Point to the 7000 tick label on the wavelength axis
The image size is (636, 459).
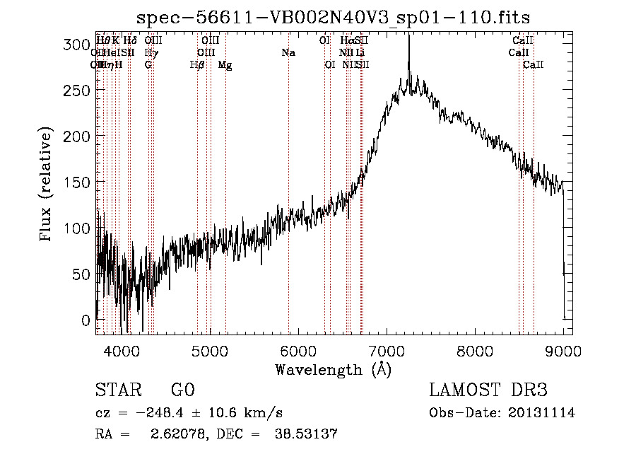click(387, 349)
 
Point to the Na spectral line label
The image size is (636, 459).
click(288, 53)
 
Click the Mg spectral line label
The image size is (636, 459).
click(225, 65)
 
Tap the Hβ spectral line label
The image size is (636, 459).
click(197, 65)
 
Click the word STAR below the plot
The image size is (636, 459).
click(119, 391)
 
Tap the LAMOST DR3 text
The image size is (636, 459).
click(488, 391)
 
